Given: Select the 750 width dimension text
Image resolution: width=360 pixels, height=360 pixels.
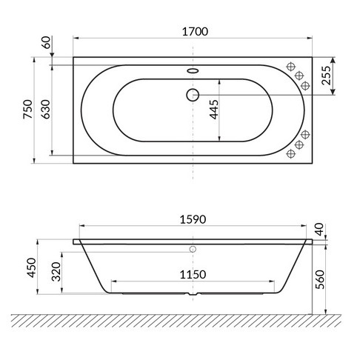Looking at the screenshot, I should [27, 109].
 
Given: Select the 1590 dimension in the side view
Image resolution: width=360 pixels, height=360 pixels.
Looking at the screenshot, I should [193, 219].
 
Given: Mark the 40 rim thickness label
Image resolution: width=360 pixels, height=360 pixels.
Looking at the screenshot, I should [319, 230].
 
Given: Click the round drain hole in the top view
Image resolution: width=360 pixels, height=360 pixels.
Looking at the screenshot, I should [193, 95].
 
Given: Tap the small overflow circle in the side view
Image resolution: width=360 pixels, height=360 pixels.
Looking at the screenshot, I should [193, 250].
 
